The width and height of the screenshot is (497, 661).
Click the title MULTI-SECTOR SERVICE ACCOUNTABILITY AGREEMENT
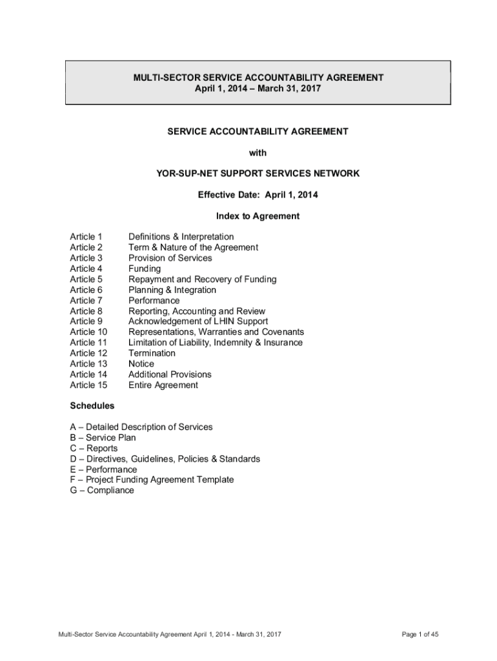[258, 77]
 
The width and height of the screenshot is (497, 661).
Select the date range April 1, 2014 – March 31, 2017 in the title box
[258, 88]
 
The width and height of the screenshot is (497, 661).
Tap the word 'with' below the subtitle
[258, 152]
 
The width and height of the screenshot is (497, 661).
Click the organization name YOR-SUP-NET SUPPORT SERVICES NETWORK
[258, 174]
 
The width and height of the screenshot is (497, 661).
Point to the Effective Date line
[258, 194]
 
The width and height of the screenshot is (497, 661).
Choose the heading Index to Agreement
[258, 216]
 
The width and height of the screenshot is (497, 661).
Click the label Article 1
[86, 237]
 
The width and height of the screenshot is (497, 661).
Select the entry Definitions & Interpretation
[181, 237]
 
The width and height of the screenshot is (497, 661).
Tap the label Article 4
[86, 269]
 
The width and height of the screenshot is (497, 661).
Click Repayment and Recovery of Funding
[202, 279]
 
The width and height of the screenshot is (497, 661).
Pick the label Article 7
[86, 300]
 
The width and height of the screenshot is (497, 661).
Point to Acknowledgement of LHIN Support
[198, 321]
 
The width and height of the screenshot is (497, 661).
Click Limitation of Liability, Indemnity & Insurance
[215, 343]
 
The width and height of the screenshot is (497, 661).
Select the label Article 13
[88, 364]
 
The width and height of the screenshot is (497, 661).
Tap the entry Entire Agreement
[163, 385]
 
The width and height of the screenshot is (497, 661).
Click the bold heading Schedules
[92, 406]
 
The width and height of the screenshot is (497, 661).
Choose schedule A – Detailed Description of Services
[141, 427]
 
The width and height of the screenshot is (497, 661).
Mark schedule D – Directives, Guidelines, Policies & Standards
[165, 459]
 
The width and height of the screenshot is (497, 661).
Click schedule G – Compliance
[102, 491]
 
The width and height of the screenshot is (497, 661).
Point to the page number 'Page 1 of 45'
[420, 635]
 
